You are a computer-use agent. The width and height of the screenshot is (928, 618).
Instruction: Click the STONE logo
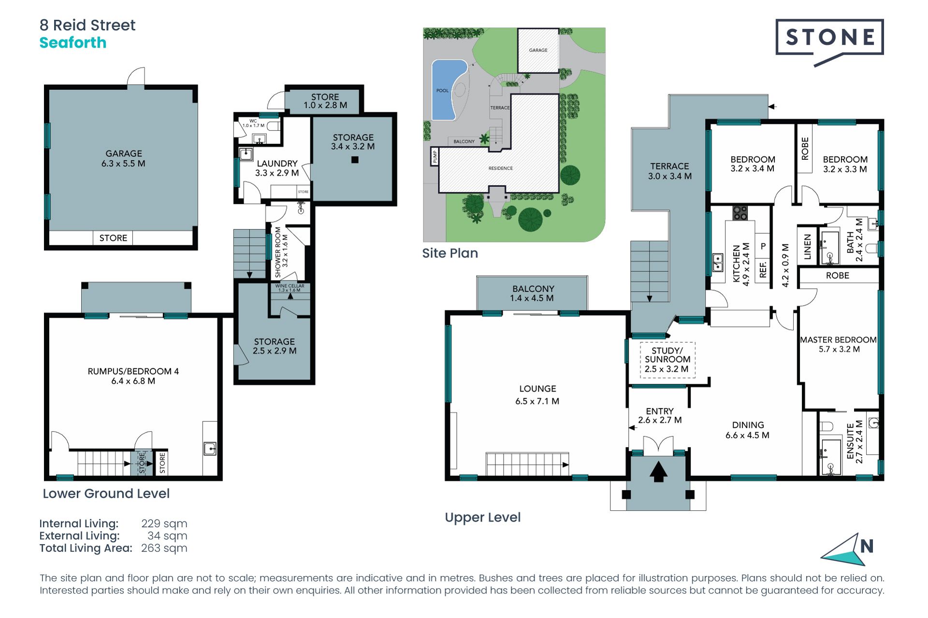click(829, 42)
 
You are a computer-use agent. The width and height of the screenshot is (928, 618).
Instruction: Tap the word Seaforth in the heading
click(73, 43)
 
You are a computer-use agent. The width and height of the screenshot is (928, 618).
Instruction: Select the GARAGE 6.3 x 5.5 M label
click(124, 158)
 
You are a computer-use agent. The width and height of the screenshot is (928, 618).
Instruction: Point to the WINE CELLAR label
click(290, 286)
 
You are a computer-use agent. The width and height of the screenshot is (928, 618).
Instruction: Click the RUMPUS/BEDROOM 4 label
click(133, 371)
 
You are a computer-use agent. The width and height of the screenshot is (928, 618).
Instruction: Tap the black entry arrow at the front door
click(658, 472)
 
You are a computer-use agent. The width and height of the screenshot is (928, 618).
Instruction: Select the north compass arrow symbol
click(844, 549)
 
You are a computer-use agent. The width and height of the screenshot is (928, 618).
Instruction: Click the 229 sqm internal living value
click(164, 524)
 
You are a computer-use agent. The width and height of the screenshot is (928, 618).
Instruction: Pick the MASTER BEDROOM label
click(838, 340)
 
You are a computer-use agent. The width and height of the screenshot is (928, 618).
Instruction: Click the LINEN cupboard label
click(807, 247)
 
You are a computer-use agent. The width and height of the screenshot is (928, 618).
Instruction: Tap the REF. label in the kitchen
click(763, 269)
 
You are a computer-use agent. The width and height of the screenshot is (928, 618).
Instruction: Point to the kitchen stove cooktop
click(740, 213)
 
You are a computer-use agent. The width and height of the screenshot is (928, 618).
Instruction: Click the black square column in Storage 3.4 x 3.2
click(355, 160)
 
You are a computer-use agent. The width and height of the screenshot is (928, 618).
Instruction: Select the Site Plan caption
click(450, 253)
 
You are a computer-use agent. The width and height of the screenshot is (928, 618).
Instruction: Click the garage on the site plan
click(538, 50)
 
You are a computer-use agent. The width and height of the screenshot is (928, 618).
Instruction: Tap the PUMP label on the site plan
click(435, 156)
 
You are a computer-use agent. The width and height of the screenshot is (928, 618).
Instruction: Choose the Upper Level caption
click(483, 518)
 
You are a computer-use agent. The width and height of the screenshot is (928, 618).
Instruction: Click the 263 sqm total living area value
click(164, 548)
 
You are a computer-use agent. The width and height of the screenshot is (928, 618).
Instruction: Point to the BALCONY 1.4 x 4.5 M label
click(533, 294)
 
